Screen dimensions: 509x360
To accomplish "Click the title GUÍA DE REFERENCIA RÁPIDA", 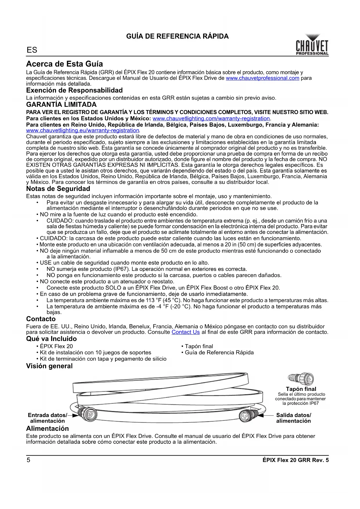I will (x=177, y=36).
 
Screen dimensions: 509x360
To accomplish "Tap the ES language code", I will (x=32, y=50).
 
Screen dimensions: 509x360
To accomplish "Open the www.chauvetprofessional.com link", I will (x=262, y=78).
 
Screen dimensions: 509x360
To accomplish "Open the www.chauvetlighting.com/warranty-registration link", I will (x=211, y=118).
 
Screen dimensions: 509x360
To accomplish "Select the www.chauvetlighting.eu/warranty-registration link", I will (x=83, y=130).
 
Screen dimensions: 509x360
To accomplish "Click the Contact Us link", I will (x=186, y=332).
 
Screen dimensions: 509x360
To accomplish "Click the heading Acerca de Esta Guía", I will (x=64, y=64).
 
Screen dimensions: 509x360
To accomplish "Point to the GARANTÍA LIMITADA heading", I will (x=61, y=104).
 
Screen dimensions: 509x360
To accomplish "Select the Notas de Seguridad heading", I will (x=58, y=189).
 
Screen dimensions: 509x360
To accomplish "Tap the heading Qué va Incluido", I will (x=51, y=339).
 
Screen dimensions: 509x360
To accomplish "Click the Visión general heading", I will (x=49, y=366).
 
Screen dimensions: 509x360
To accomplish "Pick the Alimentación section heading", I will (x=47, y=428).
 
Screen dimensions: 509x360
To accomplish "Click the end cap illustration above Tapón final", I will (x=301, y=379).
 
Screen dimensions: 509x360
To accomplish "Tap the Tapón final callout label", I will (x=301, y=389).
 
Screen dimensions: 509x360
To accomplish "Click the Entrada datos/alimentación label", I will (x=47, y=418).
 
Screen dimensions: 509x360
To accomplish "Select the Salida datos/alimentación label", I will (x=293, y=418).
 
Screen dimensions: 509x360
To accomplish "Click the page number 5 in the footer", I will (x=28, y=460).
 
